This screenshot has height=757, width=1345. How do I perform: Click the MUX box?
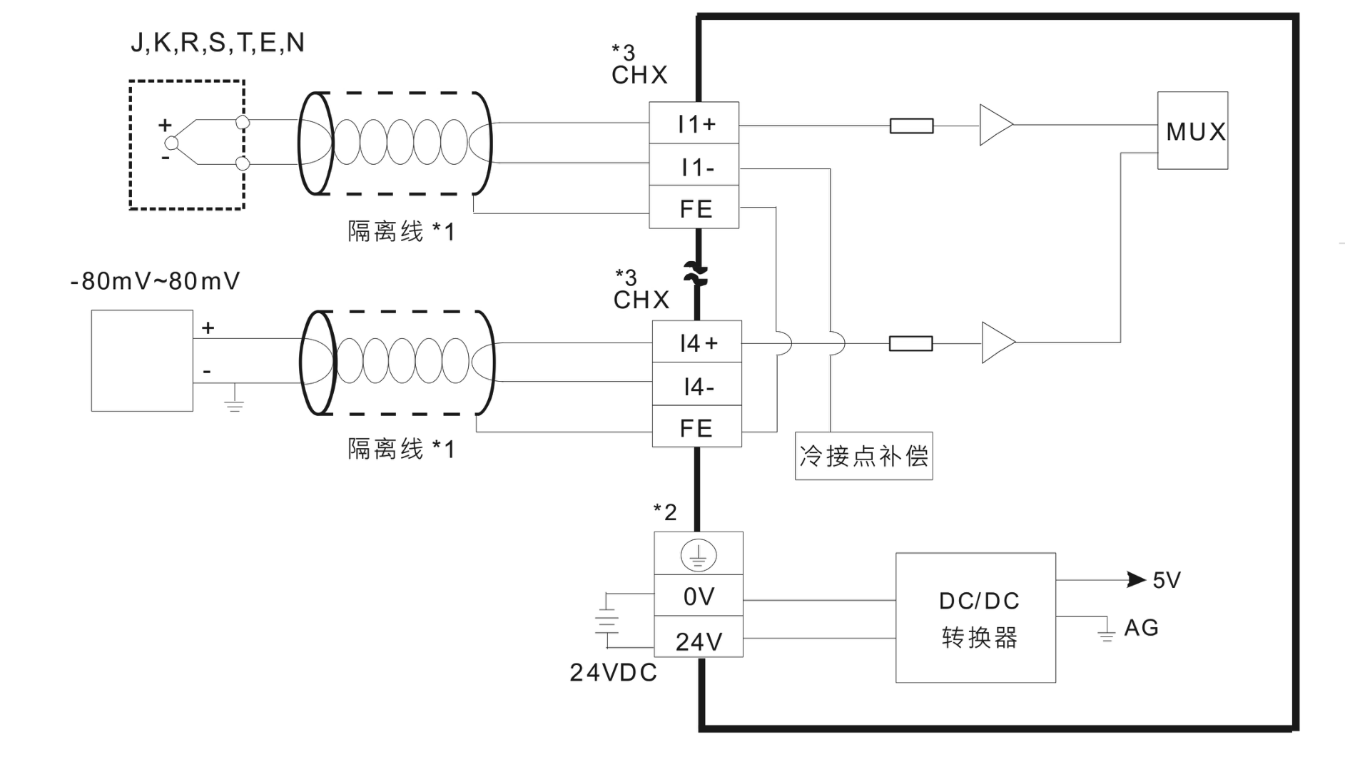(1192, 131)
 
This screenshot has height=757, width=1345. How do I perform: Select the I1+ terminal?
(694, 124)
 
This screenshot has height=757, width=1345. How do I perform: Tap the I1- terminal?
(694, 167)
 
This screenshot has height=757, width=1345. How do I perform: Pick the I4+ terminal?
(696, 343)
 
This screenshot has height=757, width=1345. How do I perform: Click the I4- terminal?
(696, 386)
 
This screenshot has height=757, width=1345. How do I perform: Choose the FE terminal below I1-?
(694, 208)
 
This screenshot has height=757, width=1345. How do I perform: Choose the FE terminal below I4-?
(696, 427)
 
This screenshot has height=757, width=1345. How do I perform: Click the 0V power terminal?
(698, 596)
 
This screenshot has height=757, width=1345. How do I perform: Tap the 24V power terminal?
(698, 641)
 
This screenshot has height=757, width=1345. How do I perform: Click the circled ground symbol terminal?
(698, 554)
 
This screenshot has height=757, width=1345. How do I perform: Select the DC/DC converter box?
(975, 617)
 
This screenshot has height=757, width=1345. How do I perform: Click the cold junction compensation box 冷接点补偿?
(863, 456)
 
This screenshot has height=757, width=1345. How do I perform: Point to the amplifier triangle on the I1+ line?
(994, 125)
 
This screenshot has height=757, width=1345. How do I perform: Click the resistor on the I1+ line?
(911, 126)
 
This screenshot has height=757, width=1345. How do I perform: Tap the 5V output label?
(1166, 580)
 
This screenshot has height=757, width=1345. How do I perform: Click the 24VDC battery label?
(613, 672)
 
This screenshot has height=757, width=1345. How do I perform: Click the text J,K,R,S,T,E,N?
(217, 43)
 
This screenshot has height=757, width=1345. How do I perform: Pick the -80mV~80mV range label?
(155, 281)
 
